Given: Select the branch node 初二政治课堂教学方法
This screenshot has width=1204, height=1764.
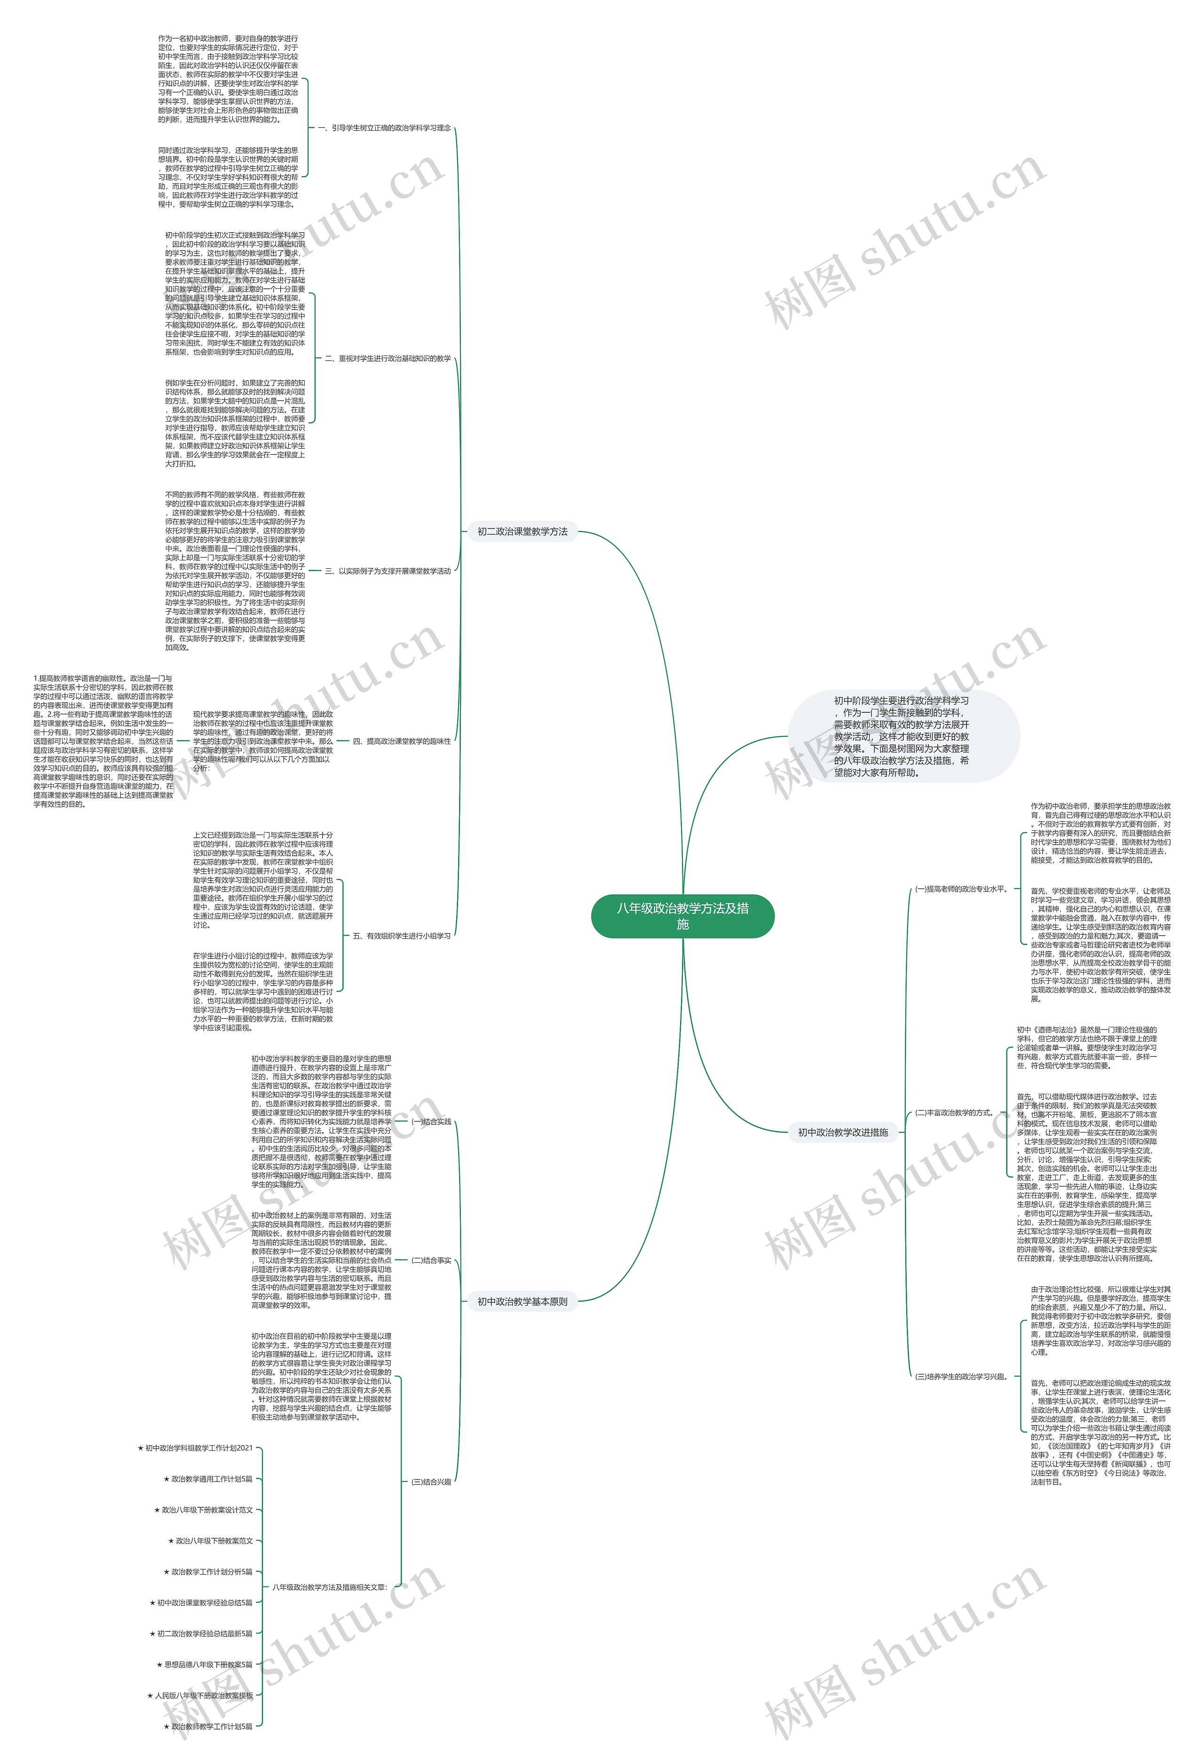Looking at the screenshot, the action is pyautogui.click(x=523, y=531).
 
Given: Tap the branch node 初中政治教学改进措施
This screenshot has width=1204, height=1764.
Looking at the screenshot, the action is pyautogui.click(x=843, y=1132).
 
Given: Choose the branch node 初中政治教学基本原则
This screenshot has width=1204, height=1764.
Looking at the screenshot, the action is pyautogui.click(x=523, y=1301).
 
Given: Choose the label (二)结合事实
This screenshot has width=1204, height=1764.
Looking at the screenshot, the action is pyautogui.click(x=431, y=1260).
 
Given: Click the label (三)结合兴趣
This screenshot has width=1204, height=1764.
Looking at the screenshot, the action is pyautogui.click(x=431, y=1481).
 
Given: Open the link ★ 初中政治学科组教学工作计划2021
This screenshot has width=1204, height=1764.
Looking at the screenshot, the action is pyautogui.click(x=195, y=1448).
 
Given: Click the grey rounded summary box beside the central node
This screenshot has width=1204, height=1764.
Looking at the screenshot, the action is pyautogui.click(x=902, y=735).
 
